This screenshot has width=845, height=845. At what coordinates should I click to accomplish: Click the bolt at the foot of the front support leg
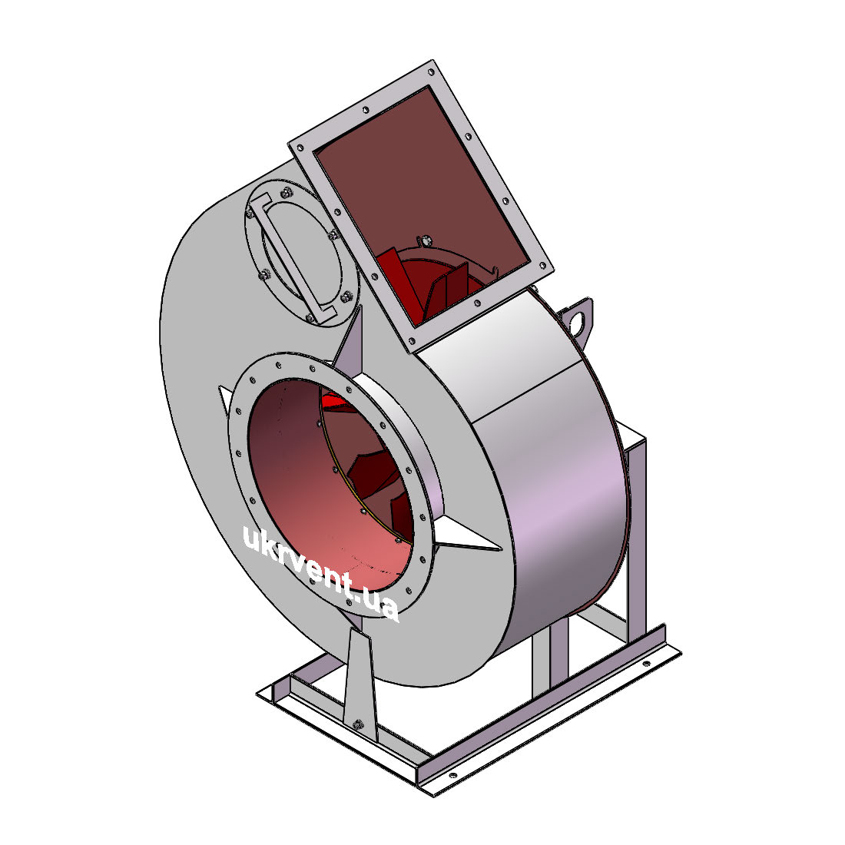(x=357, y=724)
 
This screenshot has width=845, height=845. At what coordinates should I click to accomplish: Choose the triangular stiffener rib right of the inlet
(x=469, y=535)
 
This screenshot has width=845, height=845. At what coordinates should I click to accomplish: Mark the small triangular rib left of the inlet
(x=226, y=398)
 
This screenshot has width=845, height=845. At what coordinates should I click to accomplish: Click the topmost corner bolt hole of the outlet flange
(x=431, y=71)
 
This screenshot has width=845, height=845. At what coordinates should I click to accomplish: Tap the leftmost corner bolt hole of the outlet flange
(x=300, y=147)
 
